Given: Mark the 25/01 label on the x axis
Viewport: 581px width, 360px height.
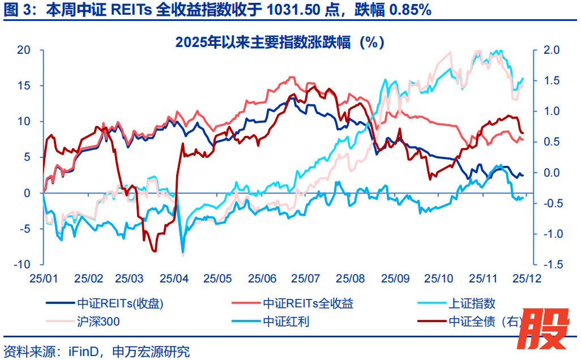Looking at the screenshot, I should click(x=43, y=278).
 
